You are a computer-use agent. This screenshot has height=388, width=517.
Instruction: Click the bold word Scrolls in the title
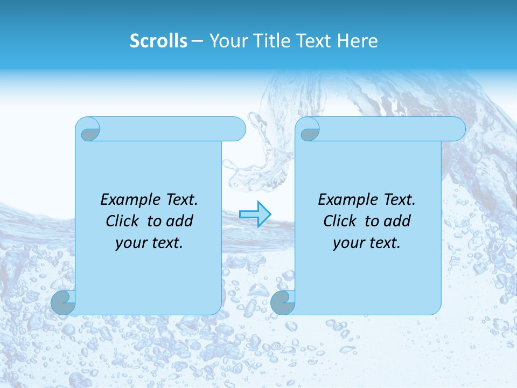point(158,41)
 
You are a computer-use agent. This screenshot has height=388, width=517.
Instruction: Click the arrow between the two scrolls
point(255,214)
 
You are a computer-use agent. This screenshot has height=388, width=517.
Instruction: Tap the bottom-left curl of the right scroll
point(283,303)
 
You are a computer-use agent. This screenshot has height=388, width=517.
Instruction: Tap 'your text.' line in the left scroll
point(149,243)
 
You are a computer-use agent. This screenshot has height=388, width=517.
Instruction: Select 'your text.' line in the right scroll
point(367,243)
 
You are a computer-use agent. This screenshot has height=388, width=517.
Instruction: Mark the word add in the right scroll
point(397,221)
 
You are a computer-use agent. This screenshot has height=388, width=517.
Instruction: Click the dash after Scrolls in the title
point(197,41)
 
